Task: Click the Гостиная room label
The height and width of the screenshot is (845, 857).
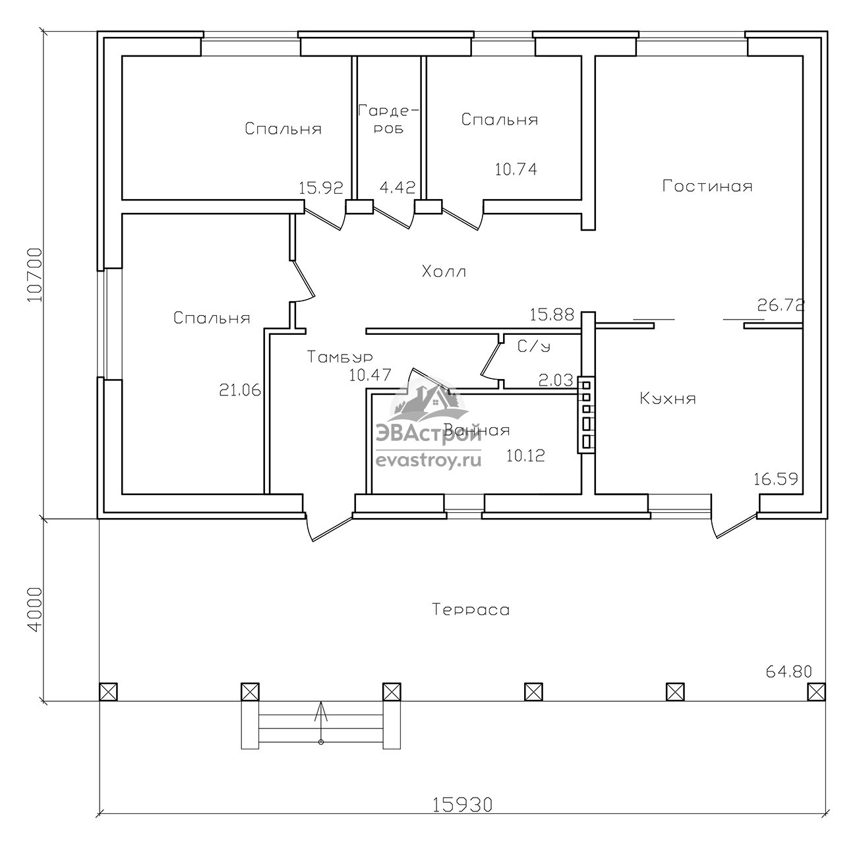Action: pos(707,186)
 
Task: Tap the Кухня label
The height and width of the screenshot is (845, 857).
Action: pos(668,398)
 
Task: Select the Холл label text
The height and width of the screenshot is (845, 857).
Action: pos(444,272)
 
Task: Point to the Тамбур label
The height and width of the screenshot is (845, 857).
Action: pos(340,357)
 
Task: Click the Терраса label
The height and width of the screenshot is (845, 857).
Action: pos(471,609)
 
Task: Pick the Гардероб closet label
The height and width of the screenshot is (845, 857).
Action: pos(388,119)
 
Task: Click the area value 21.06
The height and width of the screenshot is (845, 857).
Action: pos(240,390)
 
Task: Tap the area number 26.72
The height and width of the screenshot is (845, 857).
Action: pos(781,305)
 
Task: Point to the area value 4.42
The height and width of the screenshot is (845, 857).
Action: pos(398,187)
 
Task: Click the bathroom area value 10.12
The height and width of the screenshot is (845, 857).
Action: pos(525,455)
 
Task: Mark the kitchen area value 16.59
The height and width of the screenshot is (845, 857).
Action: pos(776,479)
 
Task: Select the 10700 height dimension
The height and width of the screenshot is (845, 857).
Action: pos(35,274)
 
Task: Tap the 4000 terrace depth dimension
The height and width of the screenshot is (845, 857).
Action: pos(35,609)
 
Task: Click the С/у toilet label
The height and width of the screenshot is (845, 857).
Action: pos(534,347)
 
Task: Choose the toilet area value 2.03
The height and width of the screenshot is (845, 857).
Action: pos(556,380)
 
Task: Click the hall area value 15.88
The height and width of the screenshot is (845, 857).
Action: pos(552,315)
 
